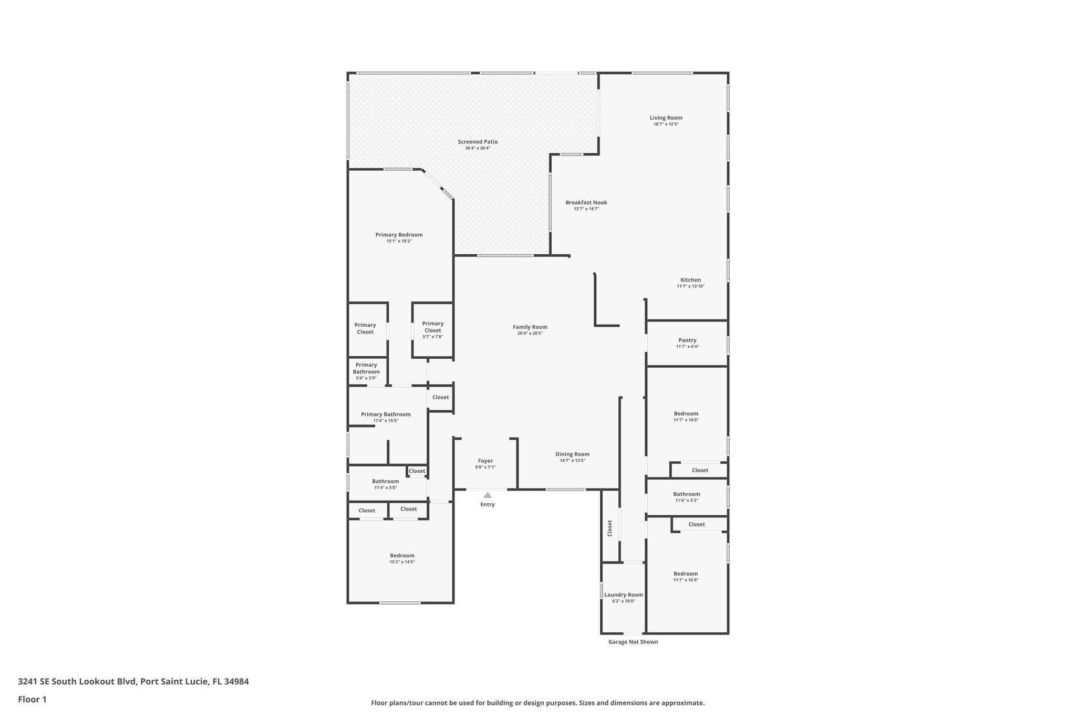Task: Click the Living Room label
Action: pyautogui.click(x=666, y=118)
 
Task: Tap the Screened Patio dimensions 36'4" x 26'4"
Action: pyautogui.click(x=477, y=148)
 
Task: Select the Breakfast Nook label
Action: pyautogui.click(x=586, y=203)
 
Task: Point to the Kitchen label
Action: pyautogui.click(x=690, y=280)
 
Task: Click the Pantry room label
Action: pyautogui.click(x=687, y=340)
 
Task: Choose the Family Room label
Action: pyautogui.click(x=530, y=327)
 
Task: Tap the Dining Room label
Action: pyautogui.click(x=572, y=454)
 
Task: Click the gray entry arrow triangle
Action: pyautogui.click(x=488, y=495)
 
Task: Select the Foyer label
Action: pyautogui.click(x=485, y=461)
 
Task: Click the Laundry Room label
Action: pyautogui.click(x=623, y=595)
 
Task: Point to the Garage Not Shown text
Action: pyautogui.click(x=633, y=642)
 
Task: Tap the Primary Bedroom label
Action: pyautogui.click(x=399, y=235)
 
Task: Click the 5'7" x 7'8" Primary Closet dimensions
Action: pyautogui.click(x=432, y=337)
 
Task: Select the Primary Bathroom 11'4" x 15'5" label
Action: pyautogui.click(x=386, y=414)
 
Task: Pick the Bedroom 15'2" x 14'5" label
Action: pyautogui.click(x=402, y=556)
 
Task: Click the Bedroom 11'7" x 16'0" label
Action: pyautogui.click(x=686, y=414)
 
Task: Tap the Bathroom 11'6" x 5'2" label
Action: pyautogui.click(x=686, y=494)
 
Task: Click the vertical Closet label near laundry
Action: pyautogui.click(x=610, y=528)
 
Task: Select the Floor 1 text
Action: pyautogui.click(x=32, y=699)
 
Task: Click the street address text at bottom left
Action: pyautogui.click(x=133, y=682)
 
